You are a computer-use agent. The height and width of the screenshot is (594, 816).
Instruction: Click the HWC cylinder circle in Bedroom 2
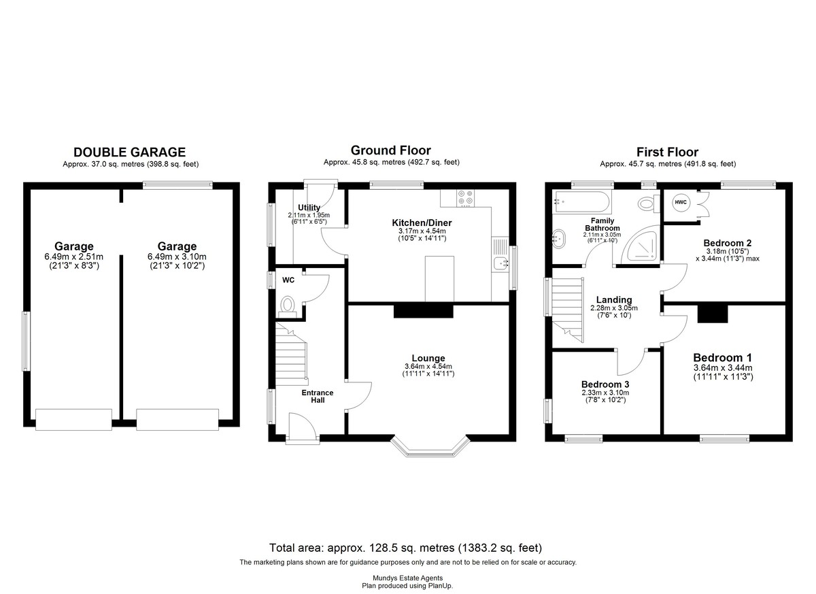pos(681,202)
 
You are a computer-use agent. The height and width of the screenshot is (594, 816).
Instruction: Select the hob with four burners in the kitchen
pos(466,198)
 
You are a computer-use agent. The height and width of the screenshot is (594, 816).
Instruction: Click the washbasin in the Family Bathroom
pos(559,239)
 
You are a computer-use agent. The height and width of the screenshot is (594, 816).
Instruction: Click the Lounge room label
pos(428,358)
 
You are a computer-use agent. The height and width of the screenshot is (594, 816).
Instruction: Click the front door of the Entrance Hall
pos(303,428)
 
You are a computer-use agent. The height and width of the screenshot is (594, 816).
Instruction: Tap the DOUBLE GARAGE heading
pos(130,152)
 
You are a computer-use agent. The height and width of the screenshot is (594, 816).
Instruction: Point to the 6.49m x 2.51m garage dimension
pos(74,257)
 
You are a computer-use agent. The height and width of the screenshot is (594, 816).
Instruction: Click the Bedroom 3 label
pos(605,384)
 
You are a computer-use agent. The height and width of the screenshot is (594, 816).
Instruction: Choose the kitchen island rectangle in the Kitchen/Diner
pos(439,279)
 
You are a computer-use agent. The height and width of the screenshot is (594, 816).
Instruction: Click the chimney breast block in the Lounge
pos(423,311)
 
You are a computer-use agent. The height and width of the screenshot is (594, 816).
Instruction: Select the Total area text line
pos(405,548)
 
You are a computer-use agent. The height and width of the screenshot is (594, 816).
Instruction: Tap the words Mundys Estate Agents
pos(407,578)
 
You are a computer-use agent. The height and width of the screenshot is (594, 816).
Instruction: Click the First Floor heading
pos(667,152)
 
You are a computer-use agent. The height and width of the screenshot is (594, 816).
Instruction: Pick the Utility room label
pos(309,208)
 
